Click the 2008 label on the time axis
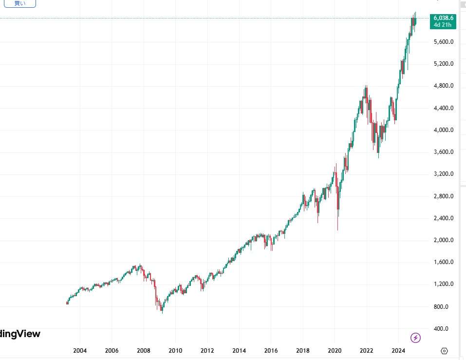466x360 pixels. coord(143,351)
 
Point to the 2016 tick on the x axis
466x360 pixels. coord(271,351)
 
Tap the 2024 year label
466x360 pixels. coord(398,351)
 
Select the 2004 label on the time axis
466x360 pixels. coord(80,351)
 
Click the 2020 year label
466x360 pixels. coord(335,351)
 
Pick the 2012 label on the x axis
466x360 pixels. coord(207,351)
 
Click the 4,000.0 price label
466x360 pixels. coord(443,130)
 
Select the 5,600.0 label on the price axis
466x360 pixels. coord(443,42)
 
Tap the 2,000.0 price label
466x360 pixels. coord(443,240)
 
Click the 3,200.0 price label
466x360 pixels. coord(443,174)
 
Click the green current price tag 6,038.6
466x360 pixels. coord(443,18)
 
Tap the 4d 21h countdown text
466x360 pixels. coord(443,24)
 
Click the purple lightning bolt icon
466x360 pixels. coord(415,337)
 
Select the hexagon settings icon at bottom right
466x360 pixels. coord(444,351)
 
